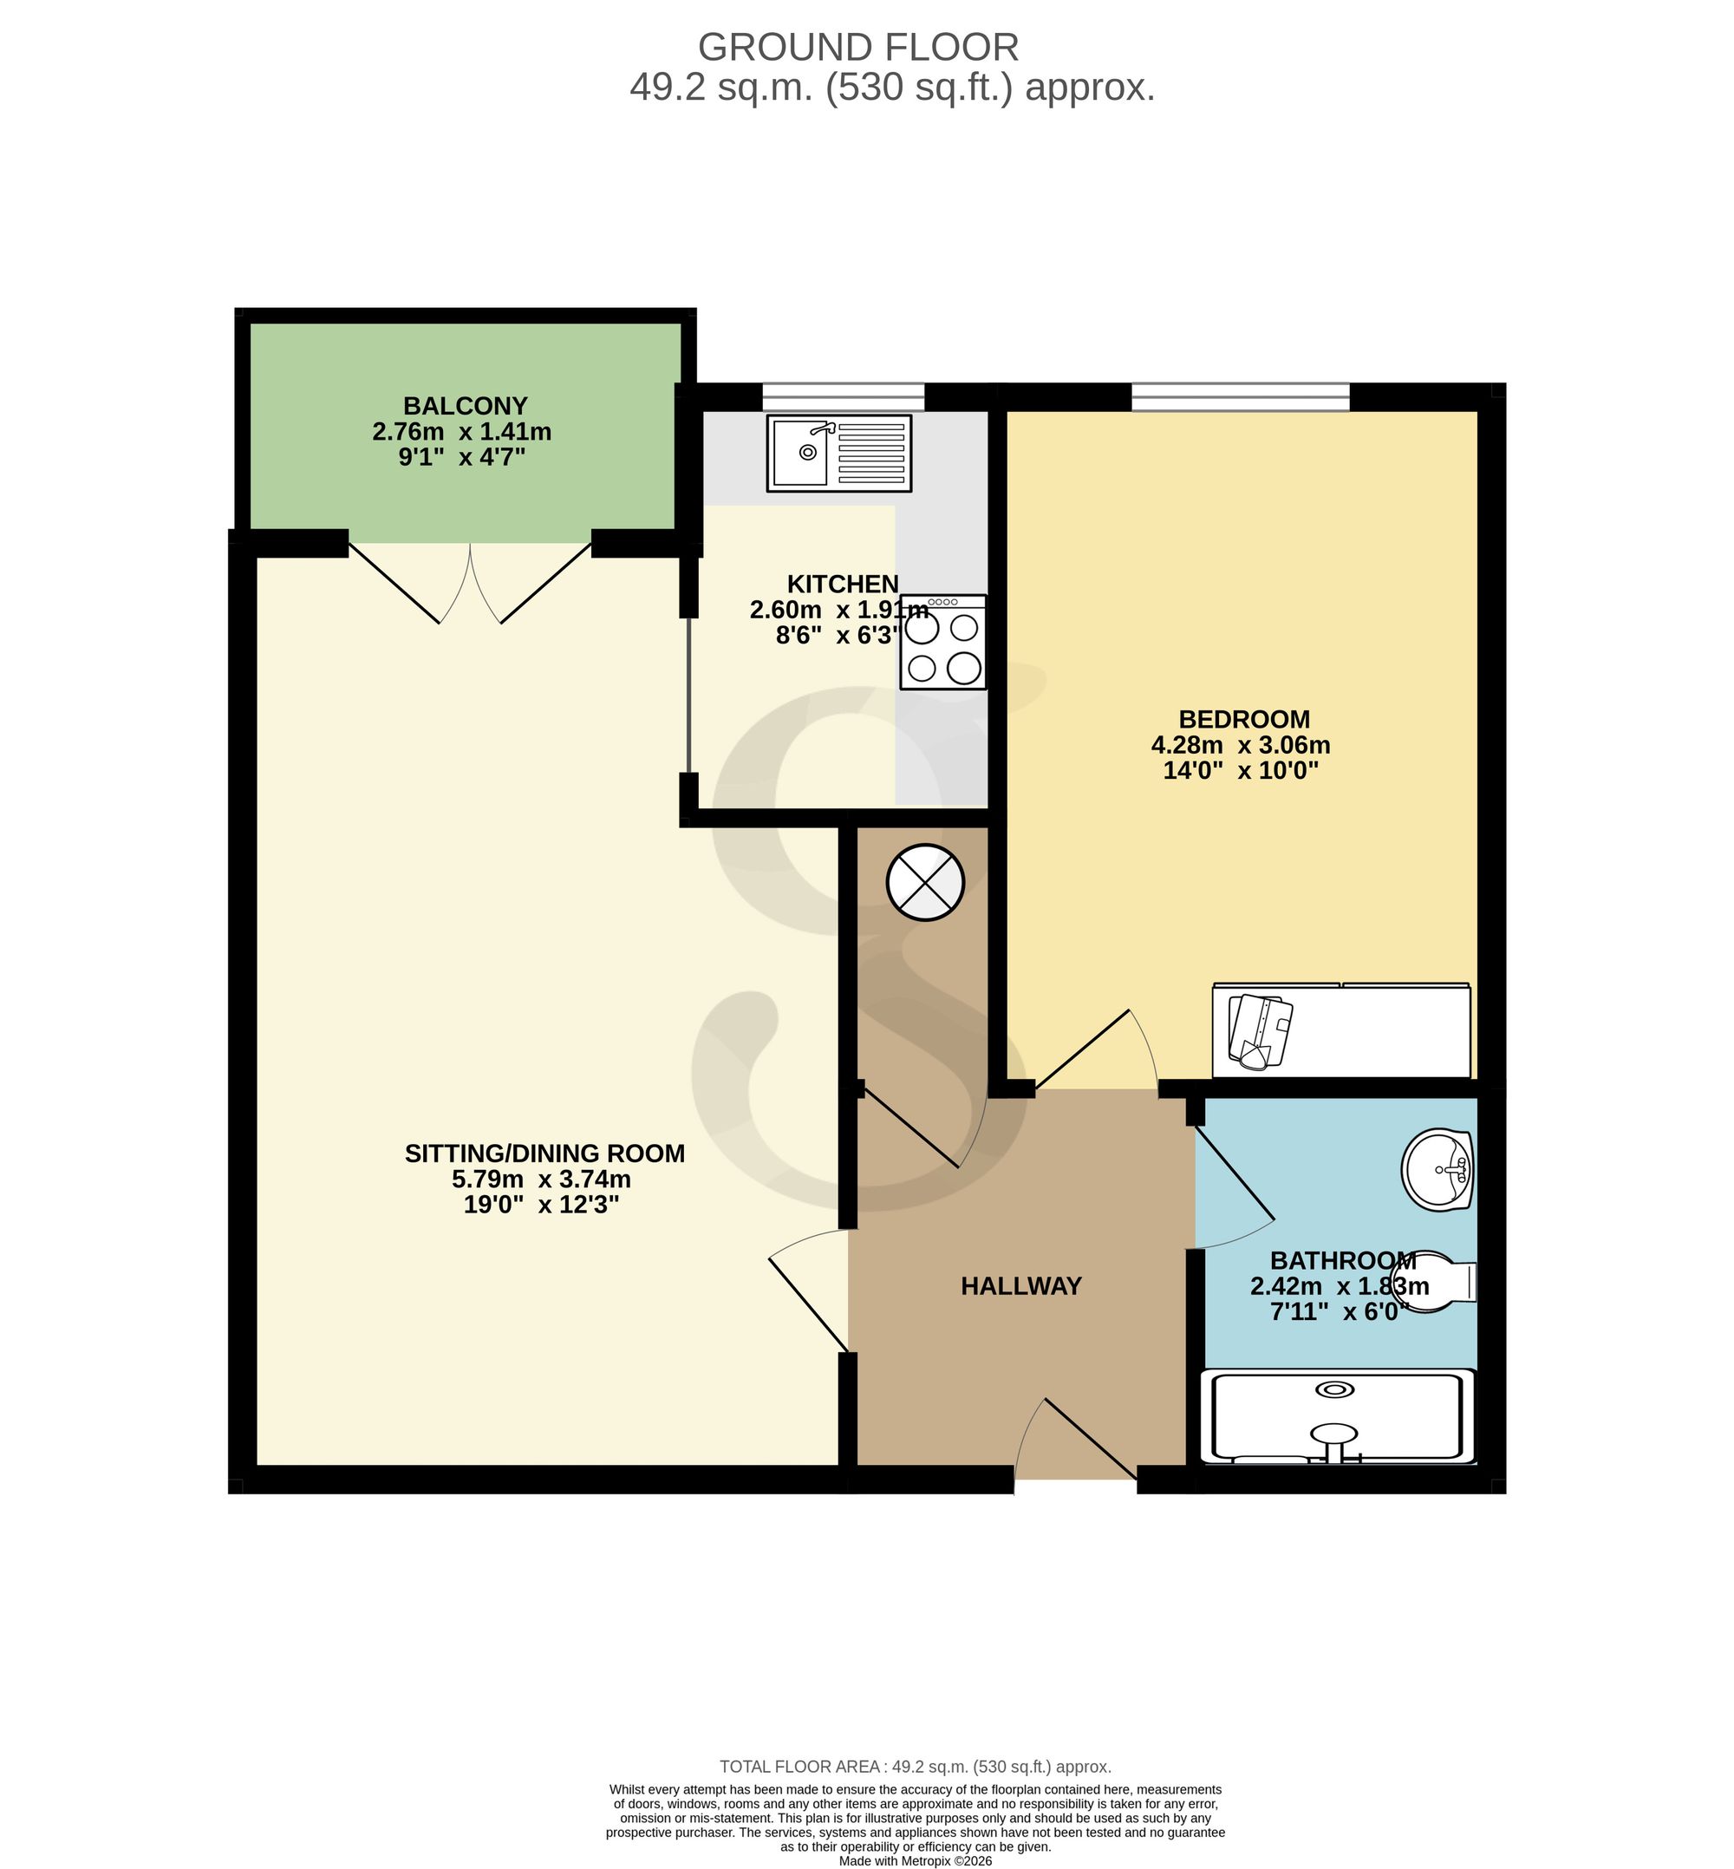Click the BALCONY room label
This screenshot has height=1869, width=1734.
pyautogui.click(x=466, y=406)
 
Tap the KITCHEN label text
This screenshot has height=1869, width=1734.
pyautogui.click(x=843, y=584)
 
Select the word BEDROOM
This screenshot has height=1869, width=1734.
pyautogui.click(x=1244, y=719)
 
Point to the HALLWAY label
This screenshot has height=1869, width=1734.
pyautogui.click(x=1020, y=1286)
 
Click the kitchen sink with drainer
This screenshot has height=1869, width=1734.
pyautogui.click(x=839, y=454)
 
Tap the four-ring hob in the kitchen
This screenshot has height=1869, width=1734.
pyautogui.click(x=943, y=642)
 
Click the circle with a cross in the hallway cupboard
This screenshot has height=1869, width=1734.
pyautogui.click(x=925, y=881)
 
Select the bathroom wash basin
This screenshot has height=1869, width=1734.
pyautogui.click(x=1437, y=1170)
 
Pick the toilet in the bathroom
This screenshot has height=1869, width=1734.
pyautogui.click(x=1436, y=1283)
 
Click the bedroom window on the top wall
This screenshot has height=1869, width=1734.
pyautogui.click(x=1241, y=397)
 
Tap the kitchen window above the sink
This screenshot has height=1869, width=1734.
pyautogui.click(x=843, y=397)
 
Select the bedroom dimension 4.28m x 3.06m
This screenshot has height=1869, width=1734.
pyautogui.click(x=1241, y=745)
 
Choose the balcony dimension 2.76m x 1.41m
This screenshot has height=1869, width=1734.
pyautogui.click(x=461, y=432)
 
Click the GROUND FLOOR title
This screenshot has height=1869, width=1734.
pyautogui.click(x=857, y=47)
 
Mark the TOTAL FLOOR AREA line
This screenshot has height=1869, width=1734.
pyautogui.click(x=915, y=1767)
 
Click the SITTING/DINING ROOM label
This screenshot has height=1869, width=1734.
pyautogui.click(x=544, y=1153)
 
